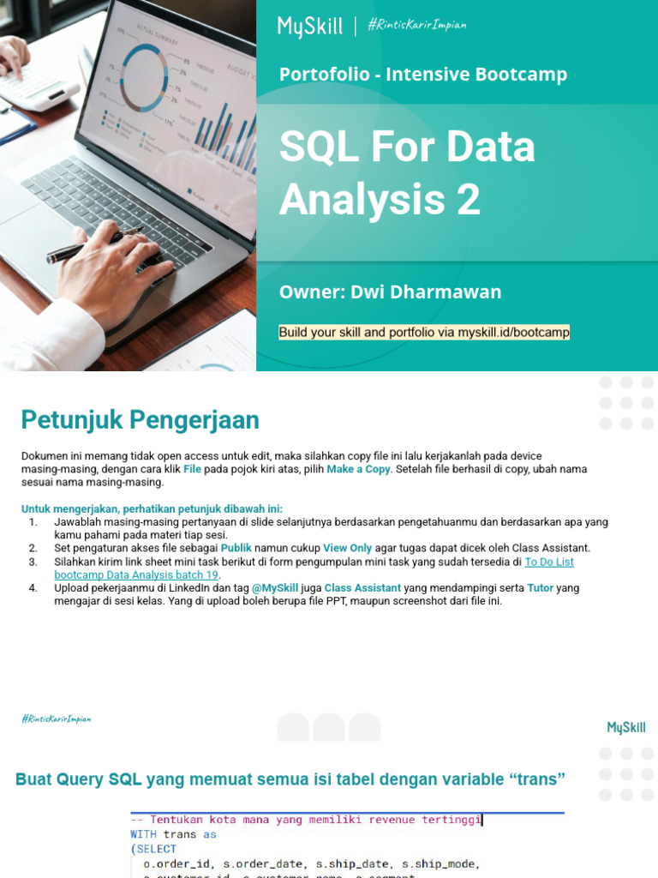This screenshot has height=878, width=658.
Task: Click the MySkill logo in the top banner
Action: (x=309, y=27)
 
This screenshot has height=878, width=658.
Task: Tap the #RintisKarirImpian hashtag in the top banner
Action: (x=416, y=25)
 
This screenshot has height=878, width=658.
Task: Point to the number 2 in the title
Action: (x=468, y=199)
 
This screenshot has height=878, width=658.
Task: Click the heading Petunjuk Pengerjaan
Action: (x=140, y=420)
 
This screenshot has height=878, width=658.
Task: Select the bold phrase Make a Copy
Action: (x=358, y=469)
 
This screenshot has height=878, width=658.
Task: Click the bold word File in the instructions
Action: (x=192, y=469)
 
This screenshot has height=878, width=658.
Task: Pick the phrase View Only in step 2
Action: (x=347, y=548)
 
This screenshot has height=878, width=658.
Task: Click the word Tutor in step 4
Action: (x=541, y=588)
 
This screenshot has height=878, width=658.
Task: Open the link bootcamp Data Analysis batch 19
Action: (x=136, y=574)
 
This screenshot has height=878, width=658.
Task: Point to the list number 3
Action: (x=33, y=562)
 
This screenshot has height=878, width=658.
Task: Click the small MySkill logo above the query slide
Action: (x=626, y=727)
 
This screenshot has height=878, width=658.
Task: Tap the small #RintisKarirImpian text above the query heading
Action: (x=56, y=719)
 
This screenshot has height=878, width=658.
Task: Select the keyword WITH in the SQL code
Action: (x=143, y=834)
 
